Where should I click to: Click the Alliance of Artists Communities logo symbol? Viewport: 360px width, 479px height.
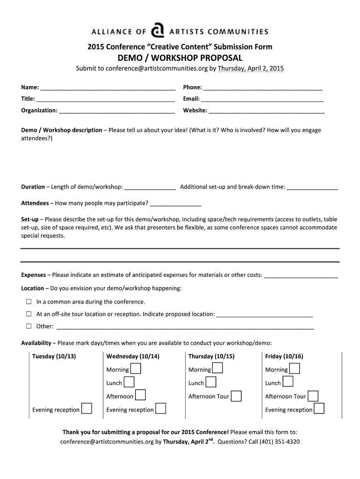[x=158, y=31]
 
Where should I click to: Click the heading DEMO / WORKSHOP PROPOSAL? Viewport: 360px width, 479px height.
[x=180, y=58]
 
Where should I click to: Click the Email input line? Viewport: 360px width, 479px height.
[x=262, y=99]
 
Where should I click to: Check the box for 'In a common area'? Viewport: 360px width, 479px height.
[x=29, y=302]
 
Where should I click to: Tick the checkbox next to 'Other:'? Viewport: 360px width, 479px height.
[x=29, y=326]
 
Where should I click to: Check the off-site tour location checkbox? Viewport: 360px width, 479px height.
[x=29, y=314]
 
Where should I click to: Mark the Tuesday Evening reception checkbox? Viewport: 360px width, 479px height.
[x=86, y=409]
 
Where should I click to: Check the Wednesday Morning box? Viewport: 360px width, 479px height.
[x=136, y=369]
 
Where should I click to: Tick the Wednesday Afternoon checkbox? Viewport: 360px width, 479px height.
[x=140, y=395]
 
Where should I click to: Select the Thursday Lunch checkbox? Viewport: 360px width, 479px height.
[x=211, y=382]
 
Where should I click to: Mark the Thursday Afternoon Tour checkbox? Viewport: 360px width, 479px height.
[x=237, y=396]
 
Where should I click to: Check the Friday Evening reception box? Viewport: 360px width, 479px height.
[x=319, y=409]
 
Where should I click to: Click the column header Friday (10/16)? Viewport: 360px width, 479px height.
[x=284, y=356]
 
